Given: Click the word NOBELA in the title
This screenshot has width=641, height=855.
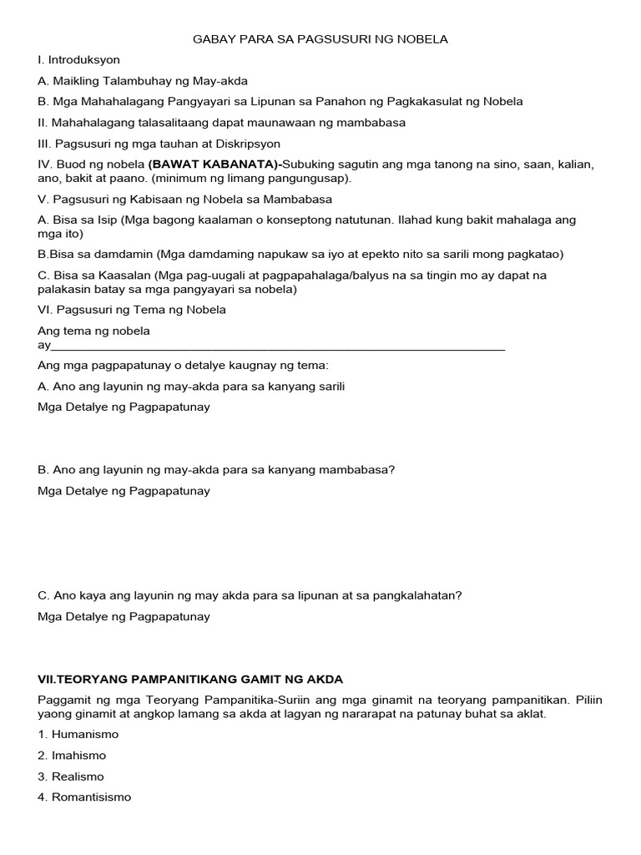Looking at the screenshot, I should coord(426,39).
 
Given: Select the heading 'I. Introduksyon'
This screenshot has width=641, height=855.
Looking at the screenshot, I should coord(79,60).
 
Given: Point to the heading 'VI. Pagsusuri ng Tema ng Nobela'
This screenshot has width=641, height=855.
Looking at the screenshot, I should coord(132,310).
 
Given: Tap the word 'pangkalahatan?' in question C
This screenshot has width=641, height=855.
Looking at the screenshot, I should coord(422,596).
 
